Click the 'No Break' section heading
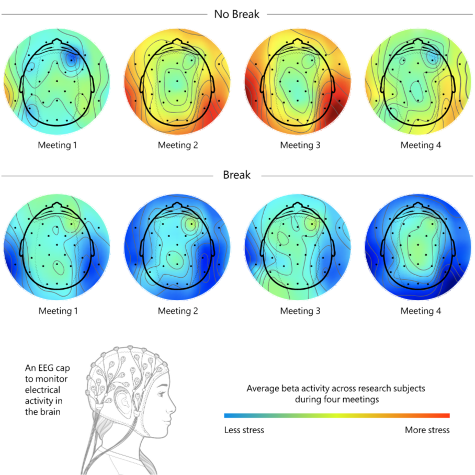pos(236,14)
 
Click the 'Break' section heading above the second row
pos(236,175)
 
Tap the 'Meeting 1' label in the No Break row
pos(58,145)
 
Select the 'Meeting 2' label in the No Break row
pos(178,145)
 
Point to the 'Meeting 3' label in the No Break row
pos(300,145)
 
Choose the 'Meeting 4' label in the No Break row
pos(421,145)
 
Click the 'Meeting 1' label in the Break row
pos(58,311)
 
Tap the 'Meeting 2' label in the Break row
pos(178,311)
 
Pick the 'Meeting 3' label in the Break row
pos(300,311)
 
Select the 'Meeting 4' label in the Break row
pos(421,311)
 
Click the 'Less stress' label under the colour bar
pos(244,430)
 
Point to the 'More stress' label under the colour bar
pos(427,430)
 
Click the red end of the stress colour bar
pos(446,416)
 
